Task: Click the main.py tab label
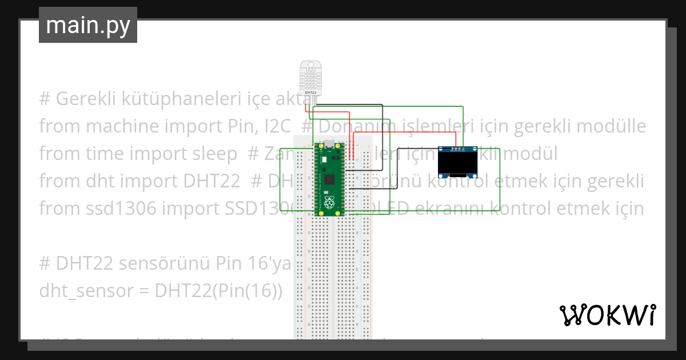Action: click(87, 25)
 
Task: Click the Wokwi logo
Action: click(607, 315)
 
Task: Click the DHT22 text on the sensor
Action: click(310, 92)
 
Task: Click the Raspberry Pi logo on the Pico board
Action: click(329, 203)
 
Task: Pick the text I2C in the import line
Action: click(272, 126)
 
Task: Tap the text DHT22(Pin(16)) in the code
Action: click(218, 291)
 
